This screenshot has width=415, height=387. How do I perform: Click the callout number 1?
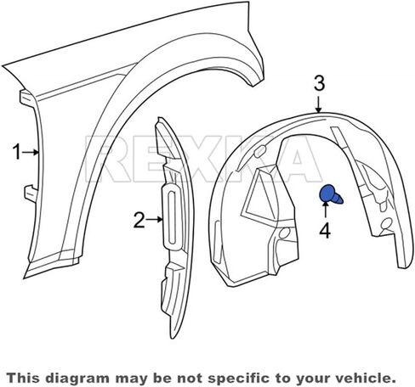pyautogui.click(x=17, y=152)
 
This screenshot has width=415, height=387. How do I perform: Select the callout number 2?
pyautogui.click(x=139, y=221)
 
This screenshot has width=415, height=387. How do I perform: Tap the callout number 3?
pyautogui.click(x=319, y=84)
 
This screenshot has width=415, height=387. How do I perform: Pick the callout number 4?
pyautogui.click(x=325, y=230)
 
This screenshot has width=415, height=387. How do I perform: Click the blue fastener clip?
pyautogui.click(x=331, y=194)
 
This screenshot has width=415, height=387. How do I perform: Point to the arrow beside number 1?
pyautogui.click(x=30, y=152)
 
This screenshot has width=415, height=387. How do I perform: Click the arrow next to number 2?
pyautogui.click(x=154, y=219)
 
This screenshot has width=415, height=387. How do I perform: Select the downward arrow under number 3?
pyautogui.click(x=319, y=104)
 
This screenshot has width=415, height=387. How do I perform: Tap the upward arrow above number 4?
pyautogui.click(x=325, y=210)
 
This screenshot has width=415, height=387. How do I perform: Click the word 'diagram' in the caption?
pyautogui.click(x=77, y=379)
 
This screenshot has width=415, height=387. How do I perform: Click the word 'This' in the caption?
pyautogui.click(x=25, y=378)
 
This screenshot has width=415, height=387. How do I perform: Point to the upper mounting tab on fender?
pyautogui.click(x=28, y=98)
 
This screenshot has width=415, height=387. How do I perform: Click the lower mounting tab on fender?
pyautogui.click(x=31, y=193)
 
